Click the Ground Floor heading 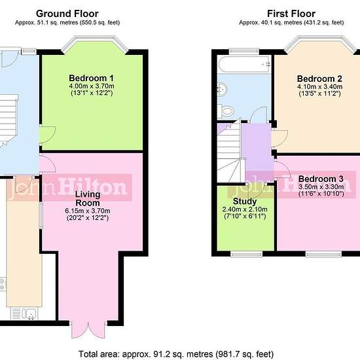click(x=67, y=14)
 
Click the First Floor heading click(x=291, y=14)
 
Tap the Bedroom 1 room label click(x=91, y=78)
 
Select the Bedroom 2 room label click(x=319, y=79)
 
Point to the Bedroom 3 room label click(x=321, y=179)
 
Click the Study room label click(x=245, y=202)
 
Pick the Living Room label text click(x=88, y=198)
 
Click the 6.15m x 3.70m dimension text click(x=88, y=211)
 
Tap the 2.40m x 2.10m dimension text click(x=245, y=209)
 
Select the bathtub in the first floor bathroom click(x=245, y=64)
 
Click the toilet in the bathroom click(x=226, y=111)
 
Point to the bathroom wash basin click(x=223, y=88)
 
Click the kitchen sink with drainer click(x=24, y=314)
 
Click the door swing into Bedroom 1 click(x=48, y=135)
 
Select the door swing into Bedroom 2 click(x=279, y=138)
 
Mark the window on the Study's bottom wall click(x=246, y=254)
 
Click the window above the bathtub click(x=244, y=52)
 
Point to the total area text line click(x=176, y=354)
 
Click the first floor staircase click(x=230, y=152)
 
